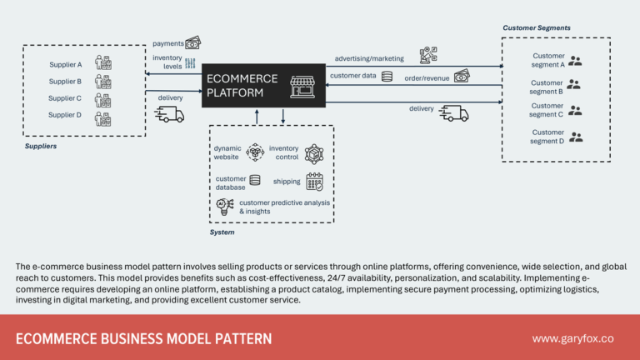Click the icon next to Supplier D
click(x=102, y=117)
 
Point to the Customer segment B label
click(x=547, y=87)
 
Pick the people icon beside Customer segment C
click(x=574, y=110)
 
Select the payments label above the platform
click(x=167, y=42)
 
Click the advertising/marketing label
click(x=369, y=58)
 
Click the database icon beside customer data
click(x=387, y=77)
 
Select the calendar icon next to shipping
click(x=314, y=181)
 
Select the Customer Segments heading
click(x=536, y=27)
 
